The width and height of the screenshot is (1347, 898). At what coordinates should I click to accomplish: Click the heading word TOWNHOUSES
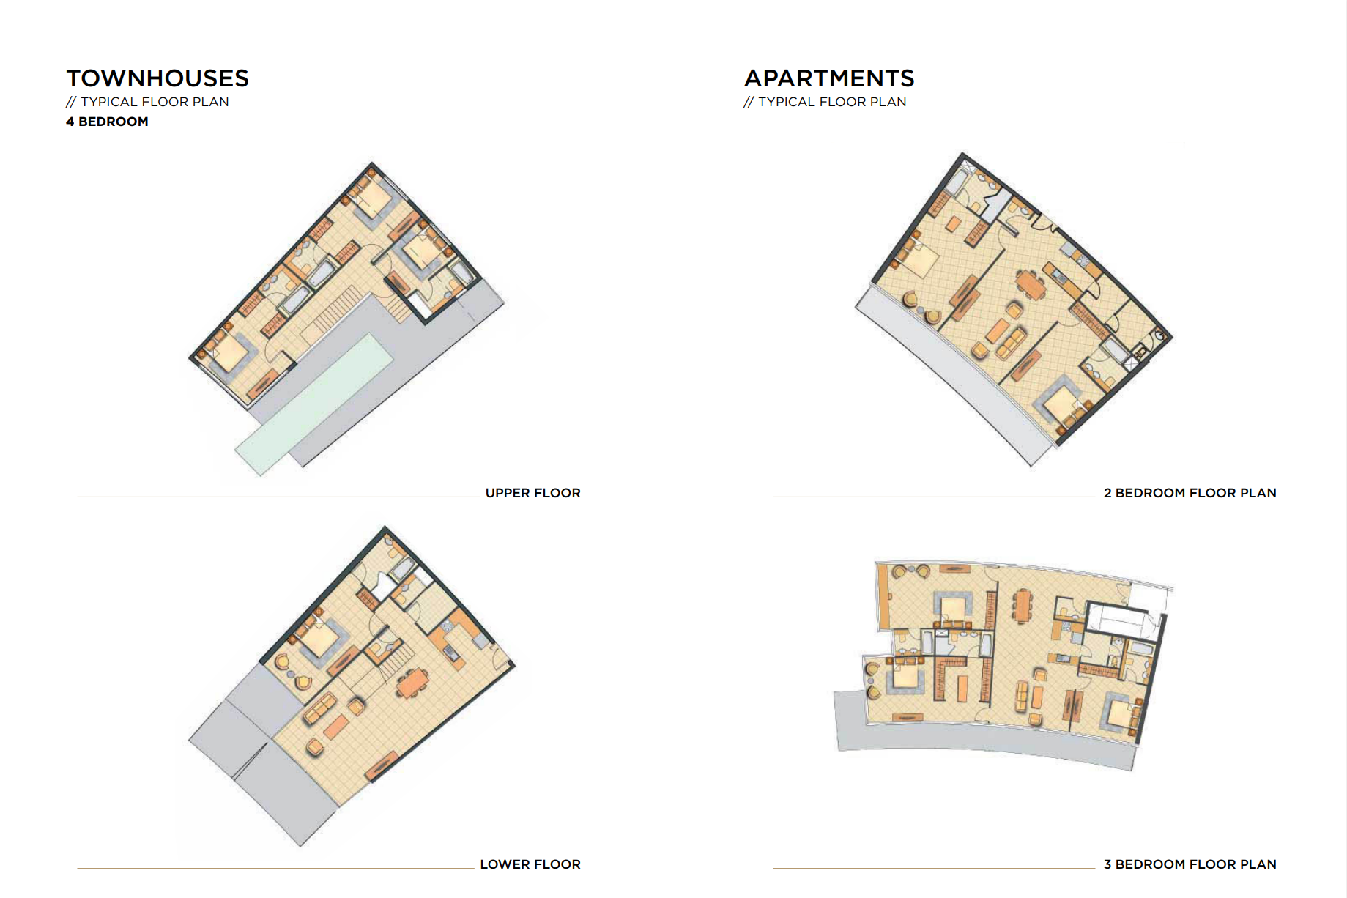(x=157, y=78)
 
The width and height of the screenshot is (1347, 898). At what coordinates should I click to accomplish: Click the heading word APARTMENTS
(x=829, y=78)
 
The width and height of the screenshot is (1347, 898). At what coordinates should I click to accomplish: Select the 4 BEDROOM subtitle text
(x=107, y=122)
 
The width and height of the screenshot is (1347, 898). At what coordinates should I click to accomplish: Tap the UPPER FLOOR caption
(x=533, y=493)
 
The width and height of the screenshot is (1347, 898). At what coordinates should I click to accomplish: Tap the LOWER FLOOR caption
(x=530, y=864)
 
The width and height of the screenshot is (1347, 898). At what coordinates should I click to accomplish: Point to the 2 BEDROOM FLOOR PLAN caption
(x=1190, y=493)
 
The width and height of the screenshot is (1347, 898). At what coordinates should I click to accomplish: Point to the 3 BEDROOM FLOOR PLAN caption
(x=1190, y=864)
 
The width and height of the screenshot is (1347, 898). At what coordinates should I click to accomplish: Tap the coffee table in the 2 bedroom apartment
(x=997, y=330)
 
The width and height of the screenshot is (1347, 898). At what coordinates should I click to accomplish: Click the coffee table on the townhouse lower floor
(x=336, y=726)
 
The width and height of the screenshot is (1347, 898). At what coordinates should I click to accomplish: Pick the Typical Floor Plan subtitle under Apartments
(x=825, y=102)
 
